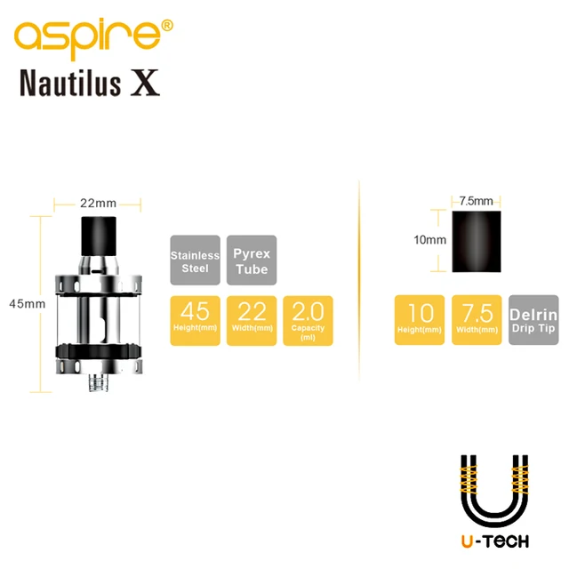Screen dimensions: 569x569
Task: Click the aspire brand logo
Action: pyautogui.click(x=84, y=36)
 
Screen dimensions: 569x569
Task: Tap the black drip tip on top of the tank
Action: pyautogui.click(x=98, y=232)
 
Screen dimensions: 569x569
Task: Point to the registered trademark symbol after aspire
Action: pyautogui.click(x=167, y=25)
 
